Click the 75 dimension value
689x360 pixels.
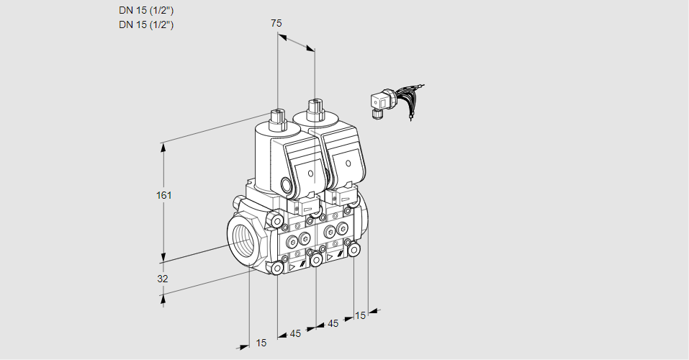coord(276,23)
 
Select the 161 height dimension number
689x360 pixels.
coord(166,195)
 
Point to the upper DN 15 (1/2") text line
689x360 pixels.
coord(146,10)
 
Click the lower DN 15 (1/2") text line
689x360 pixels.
coord(146,24)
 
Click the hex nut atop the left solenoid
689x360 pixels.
coord(277,114)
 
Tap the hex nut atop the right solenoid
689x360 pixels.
coord(315,109)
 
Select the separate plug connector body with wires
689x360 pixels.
coord(379,103)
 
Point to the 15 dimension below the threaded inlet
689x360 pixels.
coord(261,343)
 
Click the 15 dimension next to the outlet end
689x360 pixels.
coord(360,315)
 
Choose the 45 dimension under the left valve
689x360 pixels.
coord(295,333)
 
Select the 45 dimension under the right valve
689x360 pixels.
coord(333,323)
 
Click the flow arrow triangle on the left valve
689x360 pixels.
coord(292,266)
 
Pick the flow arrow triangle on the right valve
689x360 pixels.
coord(330,256)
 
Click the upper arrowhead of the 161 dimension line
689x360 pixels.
coord(163,147)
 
